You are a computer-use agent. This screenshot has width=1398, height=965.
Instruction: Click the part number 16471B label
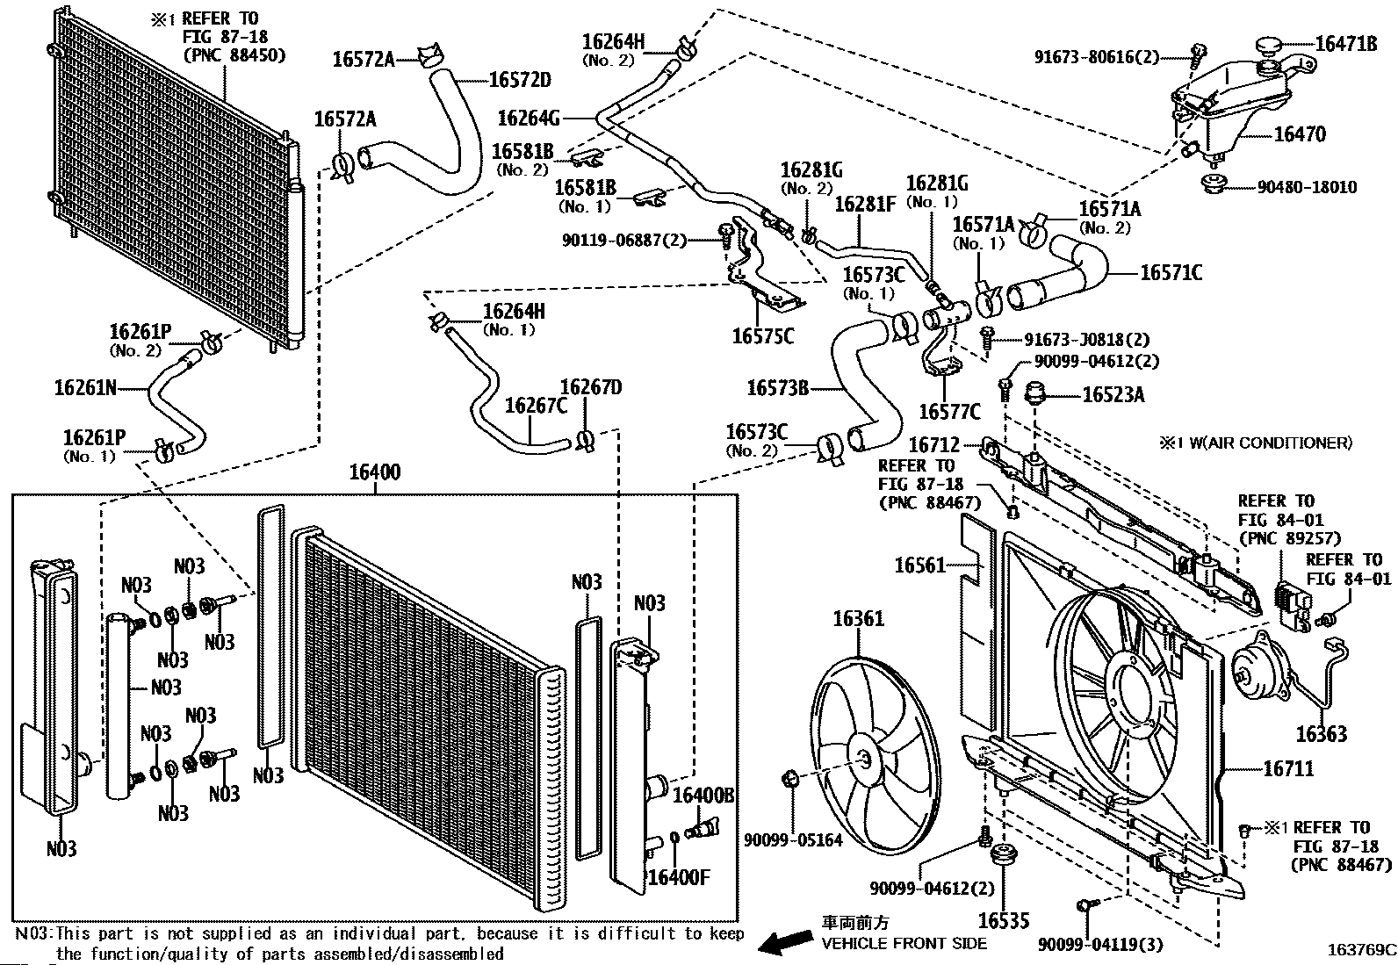[x=1345, y=42]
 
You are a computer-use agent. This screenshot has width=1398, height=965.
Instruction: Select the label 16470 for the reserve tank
[x=1300, y=134]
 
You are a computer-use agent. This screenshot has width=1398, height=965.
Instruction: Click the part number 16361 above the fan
[x=858, y=619]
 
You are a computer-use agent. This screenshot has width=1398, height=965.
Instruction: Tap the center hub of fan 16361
[x=864, y=760]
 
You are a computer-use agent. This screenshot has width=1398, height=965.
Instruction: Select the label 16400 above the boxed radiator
[x=374, y=472]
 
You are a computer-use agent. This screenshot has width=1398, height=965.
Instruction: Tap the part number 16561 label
[x=919, y=565]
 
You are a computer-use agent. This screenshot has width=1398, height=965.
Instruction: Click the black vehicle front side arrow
[x=784, y=942]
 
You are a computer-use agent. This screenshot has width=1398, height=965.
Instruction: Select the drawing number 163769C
[x=1359, y=949]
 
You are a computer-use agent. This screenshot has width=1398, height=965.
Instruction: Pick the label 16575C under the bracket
[x=762, y=335]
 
